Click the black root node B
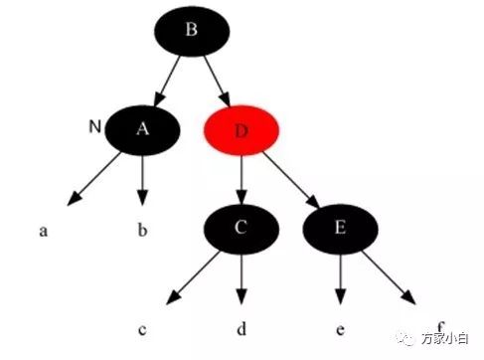[x=192, y=31]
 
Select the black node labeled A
[x=142, y=130]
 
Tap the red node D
[x=242, y=130]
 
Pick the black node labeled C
[x=242, y=229]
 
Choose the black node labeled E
[x=340, y=229]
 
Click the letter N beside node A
[x=95, y=126]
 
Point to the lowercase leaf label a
[x=43, y=231]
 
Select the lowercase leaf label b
[x=142, y=230]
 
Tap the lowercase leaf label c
[x=142, y=330]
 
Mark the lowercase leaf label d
[x=242, y=328]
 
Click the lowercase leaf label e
[x=340, y=330]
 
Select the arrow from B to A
[x=167, y=82]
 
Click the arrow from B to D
[x=217, y=82]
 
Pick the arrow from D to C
[x=242, y=180]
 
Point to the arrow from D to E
[x=291, y=180]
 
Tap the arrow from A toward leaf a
[x=94, y=179]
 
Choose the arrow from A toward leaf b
[x=142, y=180]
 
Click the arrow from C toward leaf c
[x=193, y=277]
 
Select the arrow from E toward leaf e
[x=340, y=279]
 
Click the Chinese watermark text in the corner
[x=445, y=339]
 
